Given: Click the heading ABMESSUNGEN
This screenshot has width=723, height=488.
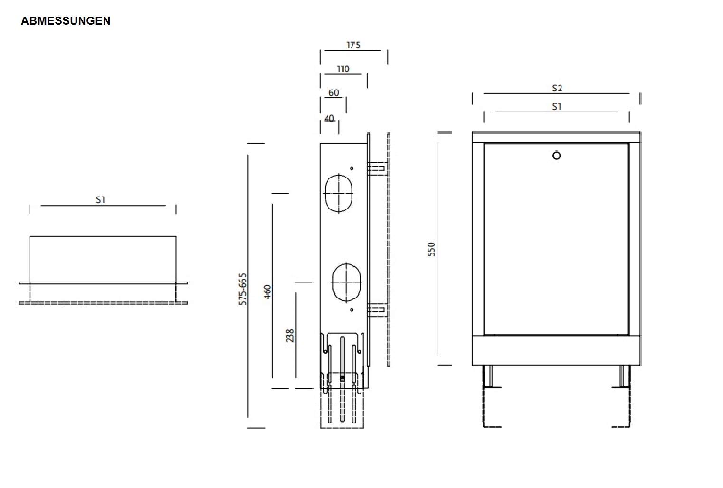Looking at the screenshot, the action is (x=66, y=21).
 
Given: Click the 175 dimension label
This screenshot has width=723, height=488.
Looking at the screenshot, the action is (x=353, y=45).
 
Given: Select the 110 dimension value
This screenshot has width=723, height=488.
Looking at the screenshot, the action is (x=343, y=69).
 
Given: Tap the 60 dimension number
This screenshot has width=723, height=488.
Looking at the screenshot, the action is (x=334, y=93).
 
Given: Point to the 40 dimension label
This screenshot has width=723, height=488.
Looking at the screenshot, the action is (x=329, y=118).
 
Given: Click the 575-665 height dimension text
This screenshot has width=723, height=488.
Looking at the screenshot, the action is (x=242, y=289).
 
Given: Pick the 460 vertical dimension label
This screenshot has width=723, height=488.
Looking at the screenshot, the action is (x=267, y=292).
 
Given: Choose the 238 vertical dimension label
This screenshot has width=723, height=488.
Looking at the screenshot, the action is (x=290, y=336).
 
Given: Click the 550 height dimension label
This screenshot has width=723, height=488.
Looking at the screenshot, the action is (x=431, y=249).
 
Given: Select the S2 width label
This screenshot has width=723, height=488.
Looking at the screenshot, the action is (x=557, y=88).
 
